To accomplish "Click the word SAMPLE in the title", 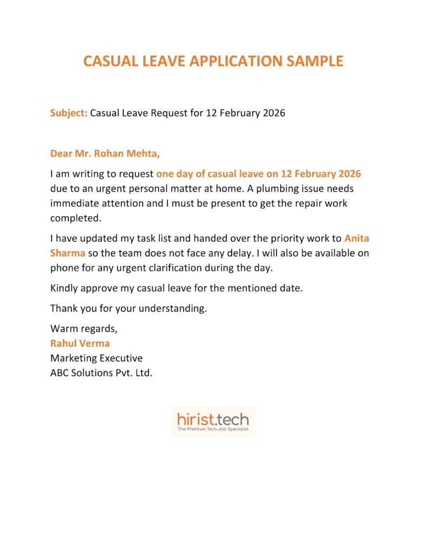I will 313,61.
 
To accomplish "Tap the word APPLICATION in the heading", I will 235,61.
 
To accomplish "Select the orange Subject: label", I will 69,113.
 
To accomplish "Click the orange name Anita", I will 356,238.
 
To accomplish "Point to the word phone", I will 64,267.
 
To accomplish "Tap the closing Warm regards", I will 84,328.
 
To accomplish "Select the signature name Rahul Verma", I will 80,343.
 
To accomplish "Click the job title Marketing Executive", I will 96,358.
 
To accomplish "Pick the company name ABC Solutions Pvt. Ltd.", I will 101,372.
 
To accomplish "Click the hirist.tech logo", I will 213,419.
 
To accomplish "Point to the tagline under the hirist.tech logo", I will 213,430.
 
